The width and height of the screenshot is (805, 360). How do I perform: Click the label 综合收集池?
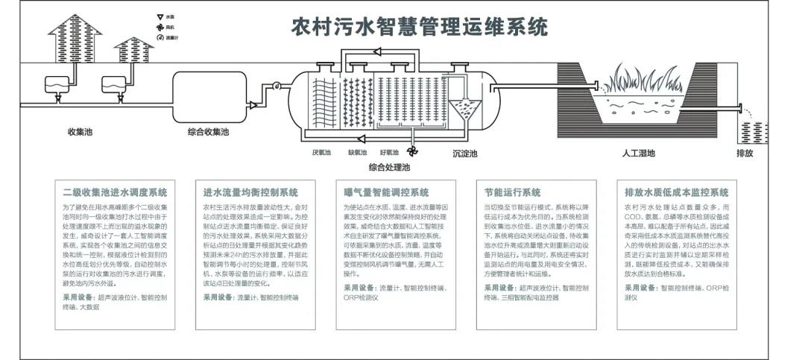208,132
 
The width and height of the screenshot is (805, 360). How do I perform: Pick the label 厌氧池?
321,153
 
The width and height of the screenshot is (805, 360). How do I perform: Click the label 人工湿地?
639,154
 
